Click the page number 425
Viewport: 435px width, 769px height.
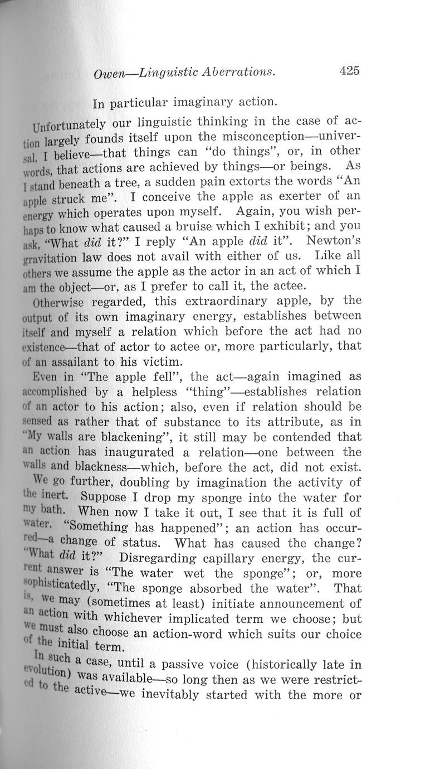(349, 70)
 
